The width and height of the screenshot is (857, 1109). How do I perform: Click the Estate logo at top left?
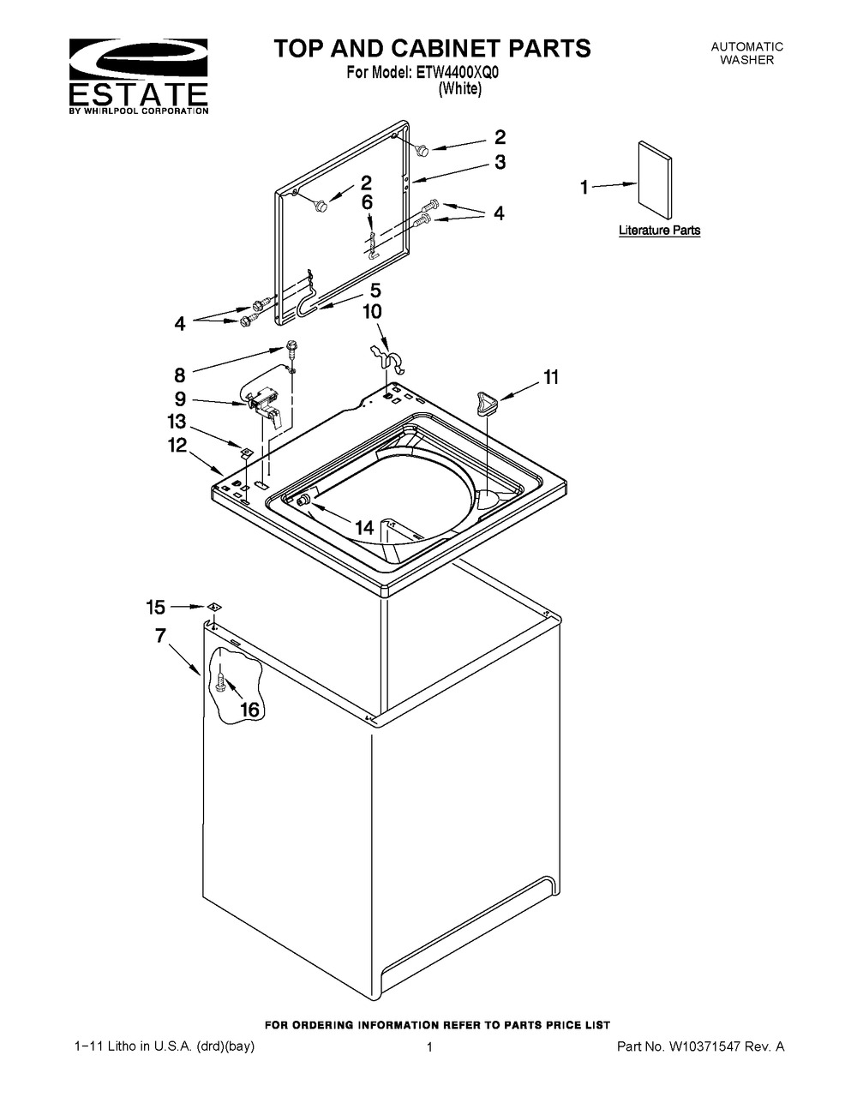point(138,76)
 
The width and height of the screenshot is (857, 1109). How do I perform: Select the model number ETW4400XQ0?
point(457,73)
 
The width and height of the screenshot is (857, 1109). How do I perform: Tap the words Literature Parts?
point(659,231)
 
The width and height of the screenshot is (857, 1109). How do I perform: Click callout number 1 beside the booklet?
point(584,188)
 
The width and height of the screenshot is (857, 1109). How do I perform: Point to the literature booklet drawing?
point(655,179)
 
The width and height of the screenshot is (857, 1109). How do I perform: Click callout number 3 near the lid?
point(500,162)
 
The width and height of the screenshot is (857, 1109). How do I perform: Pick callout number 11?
point(551,377)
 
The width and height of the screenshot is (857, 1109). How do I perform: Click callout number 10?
point(372,311)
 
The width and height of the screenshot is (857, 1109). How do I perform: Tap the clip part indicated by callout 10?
point(387,357)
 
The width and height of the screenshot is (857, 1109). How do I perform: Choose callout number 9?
point(180,399)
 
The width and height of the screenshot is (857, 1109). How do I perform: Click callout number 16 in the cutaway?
point(249,709)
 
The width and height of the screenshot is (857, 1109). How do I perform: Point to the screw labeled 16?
point(221,682)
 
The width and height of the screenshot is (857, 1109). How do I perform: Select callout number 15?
point(156,607)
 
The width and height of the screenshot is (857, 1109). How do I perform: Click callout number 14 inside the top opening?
point(365,527)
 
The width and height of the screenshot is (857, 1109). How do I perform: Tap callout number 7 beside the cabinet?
point(161,635)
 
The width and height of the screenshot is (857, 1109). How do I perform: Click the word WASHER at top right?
point(746,60)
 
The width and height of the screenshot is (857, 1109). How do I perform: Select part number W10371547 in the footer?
point(704,1046)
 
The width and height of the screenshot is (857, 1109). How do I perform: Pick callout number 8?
point(180,375)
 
